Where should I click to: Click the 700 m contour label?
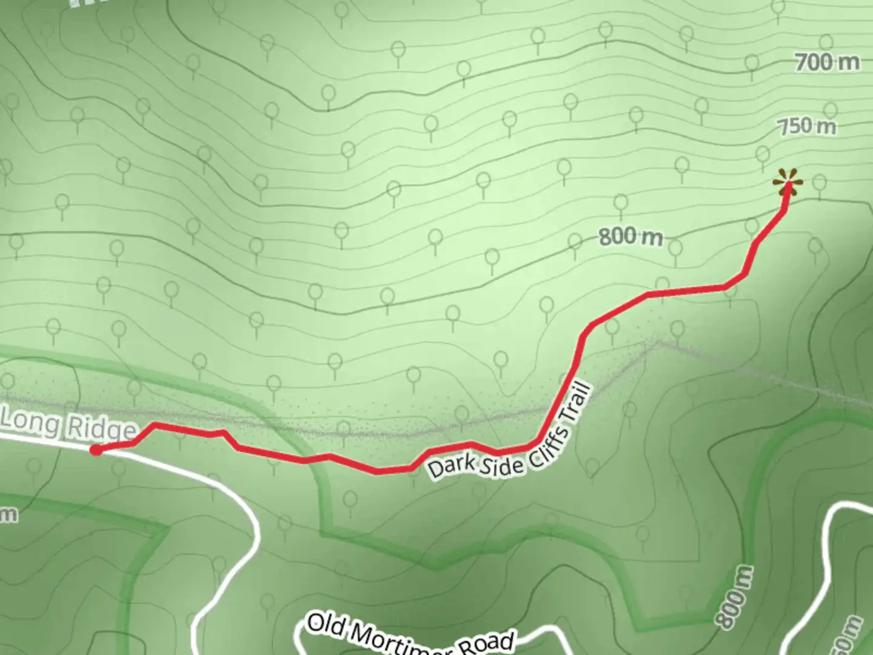coord(827,62)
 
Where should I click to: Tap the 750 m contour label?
coord(807,127)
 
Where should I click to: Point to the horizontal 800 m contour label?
coord(630,236)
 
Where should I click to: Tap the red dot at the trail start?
coord(96,449)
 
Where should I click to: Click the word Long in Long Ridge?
coord(32,421)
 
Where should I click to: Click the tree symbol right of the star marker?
coord(819,184)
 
